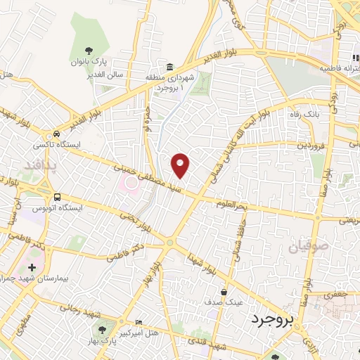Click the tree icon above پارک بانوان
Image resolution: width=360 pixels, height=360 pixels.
pyautogui.click(x=89, y=50)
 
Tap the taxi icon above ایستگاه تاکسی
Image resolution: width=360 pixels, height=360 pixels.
pyautogui.click(x=56, y=134)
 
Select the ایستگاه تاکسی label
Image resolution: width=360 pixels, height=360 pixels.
pyautogui.click(x=54, y=146)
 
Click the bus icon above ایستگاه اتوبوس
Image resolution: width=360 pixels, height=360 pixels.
pyautogui.click(x=57, y=197)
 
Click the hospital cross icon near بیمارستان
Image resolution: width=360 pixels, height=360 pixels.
pyautogui.click(x=32, y=267)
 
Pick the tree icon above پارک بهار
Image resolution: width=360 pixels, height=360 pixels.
pyautogui.click(x=104, y=328)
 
